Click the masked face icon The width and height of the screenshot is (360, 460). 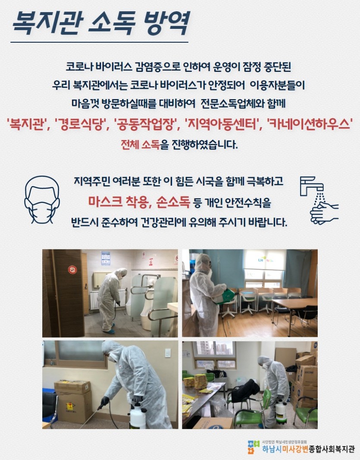[42, 200]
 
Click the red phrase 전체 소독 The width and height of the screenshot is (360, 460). [141, 144]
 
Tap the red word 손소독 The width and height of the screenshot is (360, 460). [173, 202]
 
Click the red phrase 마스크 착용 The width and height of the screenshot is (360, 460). [120, 202]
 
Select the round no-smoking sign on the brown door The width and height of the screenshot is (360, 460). [72, 270]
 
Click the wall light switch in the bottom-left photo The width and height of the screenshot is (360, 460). [168, 353]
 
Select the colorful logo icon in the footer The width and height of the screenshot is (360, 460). [254, 447]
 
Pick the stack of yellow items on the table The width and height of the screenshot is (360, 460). [200, 382]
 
